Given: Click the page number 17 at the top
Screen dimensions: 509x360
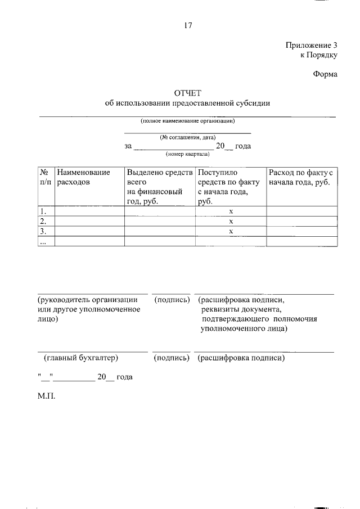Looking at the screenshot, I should tap(188, 25).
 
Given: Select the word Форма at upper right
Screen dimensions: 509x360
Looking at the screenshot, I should tap(325, 74).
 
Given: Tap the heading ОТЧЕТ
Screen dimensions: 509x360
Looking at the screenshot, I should tap(187, 93).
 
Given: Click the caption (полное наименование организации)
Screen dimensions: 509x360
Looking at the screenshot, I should tap(187, 121).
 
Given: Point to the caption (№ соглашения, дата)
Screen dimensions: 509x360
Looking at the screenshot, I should tap(187, 137).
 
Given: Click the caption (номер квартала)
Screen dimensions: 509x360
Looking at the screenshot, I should tap(187, 154).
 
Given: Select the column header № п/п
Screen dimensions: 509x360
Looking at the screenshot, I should tap(46, 177).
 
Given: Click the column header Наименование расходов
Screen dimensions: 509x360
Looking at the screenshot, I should tap(83, 177).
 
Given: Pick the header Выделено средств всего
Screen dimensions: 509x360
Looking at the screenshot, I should tap(160, 177).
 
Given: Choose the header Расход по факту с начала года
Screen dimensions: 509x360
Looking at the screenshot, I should tap(302, 177).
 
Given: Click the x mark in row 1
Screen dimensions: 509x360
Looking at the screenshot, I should tap(231, 211).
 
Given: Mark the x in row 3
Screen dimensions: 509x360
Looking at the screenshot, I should tap(231, 231).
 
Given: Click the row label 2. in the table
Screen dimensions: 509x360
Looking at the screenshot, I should tap(42, 221).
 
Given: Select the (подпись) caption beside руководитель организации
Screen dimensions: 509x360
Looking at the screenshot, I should tap(171, 300).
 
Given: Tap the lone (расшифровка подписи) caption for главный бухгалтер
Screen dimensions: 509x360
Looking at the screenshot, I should tap(241, 357).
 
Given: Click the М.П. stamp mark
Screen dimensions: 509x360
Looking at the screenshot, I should tap(47, 396).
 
